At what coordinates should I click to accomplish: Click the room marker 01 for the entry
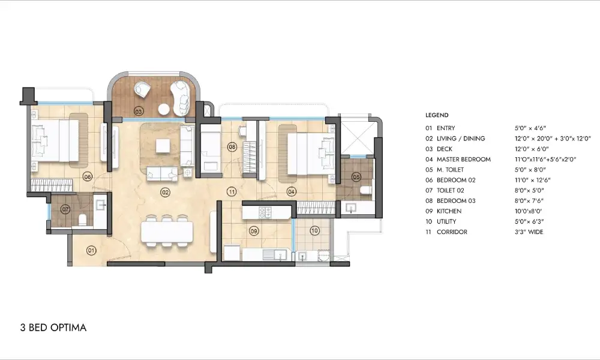tap(91, 250)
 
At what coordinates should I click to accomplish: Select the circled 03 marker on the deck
tap(139, 112)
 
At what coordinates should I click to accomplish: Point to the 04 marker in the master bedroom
tap(292, 192)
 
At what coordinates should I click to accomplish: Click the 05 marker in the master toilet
tap(356, 177)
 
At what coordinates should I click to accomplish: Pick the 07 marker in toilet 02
tap(65, 210)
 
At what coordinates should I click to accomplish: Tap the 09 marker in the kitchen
tap(254, 230)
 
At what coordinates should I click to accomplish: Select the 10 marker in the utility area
tap(314, 230)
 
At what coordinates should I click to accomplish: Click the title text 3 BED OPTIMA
tap(53, 328)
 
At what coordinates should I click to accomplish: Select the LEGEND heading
tap(437, 115)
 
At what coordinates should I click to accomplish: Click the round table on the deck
tap(164, 109)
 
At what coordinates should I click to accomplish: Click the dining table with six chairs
tap(167, 231)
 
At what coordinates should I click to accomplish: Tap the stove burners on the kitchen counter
tap(264, 212)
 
